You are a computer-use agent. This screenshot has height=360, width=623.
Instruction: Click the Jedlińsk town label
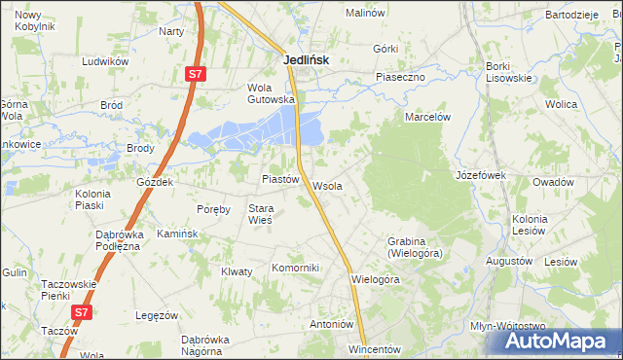coord(306,59)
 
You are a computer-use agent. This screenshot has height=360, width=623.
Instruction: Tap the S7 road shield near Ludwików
coord(196,73)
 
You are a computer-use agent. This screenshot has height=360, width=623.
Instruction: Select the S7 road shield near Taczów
coord(83,312)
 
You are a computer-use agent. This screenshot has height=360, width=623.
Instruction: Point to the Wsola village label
coord(327,186)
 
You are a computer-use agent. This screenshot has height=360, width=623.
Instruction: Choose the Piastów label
coord(279,179)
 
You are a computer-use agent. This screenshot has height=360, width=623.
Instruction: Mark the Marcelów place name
coord(428,116)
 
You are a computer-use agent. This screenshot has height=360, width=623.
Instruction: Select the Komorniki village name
coord(295,268)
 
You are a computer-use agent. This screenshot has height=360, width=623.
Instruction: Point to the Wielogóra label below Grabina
coord(375,279)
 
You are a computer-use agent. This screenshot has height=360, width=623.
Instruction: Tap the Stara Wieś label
coord(260,214)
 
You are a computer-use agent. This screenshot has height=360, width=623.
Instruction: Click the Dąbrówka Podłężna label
coord(119,240)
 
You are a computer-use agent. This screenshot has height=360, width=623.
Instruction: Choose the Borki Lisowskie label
coord(508,72)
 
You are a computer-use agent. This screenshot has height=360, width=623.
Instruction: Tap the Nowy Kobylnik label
coord(35,21)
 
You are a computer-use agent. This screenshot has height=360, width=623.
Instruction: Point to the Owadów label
coord(552,182)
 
